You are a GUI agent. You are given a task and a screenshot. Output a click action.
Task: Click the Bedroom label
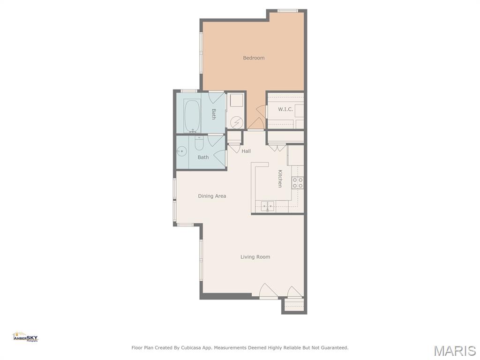[254, 58]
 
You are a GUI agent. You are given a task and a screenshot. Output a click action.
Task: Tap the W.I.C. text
[285, 109]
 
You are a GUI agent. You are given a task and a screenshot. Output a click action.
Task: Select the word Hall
[246, 151]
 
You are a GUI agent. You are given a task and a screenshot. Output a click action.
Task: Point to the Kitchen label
[280, 179]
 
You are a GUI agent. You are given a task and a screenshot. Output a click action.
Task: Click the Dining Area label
[212, 196]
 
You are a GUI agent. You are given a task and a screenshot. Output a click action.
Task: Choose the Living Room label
[255, 257]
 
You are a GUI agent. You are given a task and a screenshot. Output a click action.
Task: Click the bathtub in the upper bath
[192, 115]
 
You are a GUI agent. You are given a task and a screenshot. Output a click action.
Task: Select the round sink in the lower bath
[182, 151]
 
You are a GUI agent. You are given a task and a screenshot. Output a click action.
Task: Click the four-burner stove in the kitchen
[298, 183]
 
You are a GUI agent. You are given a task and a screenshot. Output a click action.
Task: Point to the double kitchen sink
[268, 205]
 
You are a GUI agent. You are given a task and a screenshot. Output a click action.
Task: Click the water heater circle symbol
[237, 122]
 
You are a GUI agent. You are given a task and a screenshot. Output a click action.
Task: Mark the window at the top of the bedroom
[287, 11]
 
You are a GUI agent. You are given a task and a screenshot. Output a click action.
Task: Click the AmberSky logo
[25, 337]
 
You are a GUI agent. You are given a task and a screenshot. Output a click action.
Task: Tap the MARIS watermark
[454, 351]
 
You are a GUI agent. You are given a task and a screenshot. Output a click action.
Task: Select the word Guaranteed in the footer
[333, 348]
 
